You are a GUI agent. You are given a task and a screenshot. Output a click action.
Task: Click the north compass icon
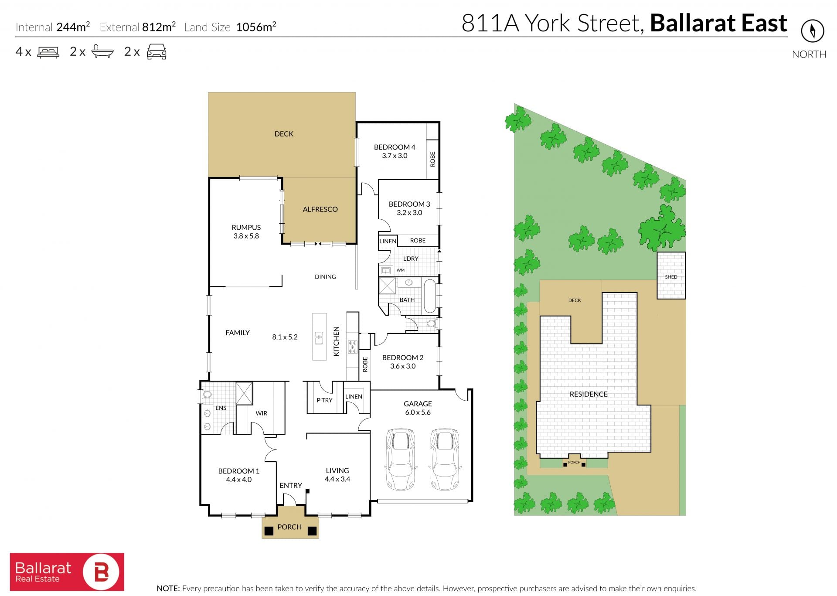pyautogui.click(x=812, y=31)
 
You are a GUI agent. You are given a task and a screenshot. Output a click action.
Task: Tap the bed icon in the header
pyautogui.click(x=48, y=52)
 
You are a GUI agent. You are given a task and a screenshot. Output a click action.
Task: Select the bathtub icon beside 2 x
pyautogui.click(x=102, y=52)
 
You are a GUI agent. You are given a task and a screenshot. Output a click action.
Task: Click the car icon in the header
pyautogui.click(x=157, y=52)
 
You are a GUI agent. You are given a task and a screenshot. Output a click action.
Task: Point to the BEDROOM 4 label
pyautogui.click(x=395, y=147)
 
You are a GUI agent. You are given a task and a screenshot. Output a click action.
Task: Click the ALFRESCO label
pyautogui.click(x=320, y=209)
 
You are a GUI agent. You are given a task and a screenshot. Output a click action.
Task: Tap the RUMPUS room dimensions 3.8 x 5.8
pyautogui.click(x=246, y=236)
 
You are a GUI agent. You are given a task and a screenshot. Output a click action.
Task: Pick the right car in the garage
pyautogui.click(x=445, y=459)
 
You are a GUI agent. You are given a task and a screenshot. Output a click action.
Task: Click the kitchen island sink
pyautogui.click(x=319, y=338)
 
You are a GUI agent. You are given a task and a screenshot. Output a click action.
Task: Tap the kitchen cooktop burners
pyautogui.click(x=352, y=347)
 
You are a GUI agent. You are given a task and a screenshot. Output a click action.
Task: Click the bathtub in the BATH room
pyautogui.click(x=430, y=296)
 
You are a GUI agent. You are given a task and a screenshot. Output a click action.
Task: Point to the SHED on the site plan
pyautogui.click(x=671, y=276)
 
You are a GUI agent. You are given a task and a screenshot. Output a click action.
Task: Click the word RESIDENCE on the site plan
pyautogui.click(x=589, y=394)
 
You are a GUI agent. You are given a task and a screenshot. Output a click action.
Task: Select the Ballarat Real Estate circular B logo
pyautogui.click(x=101, y=572)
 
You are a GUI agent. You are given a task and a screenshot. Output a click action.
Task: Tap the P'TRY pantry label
pyautogui.click(x=324, y=400)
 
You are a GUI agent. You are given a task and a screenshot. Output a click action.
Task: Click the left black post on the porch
pyautogui.click(x=269, y=531)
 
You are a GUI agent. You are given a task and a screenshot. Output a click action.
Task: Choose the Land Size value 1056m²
pyautogui.click(x=256, y=27)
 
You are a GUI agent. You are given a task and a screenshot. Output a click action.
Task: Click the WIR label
pyautogui.click(x=262, y=413)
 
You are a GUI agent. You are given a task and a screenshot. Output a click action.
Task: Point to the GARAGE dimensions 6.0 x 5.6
pyautogui.click(x=418, y=412)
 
